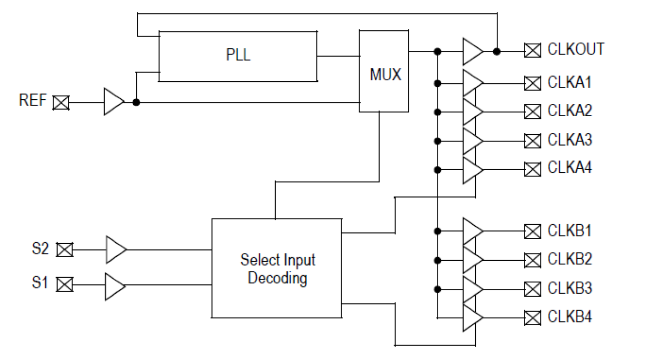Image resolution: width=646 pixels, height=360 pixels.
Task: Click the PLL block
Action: pyautogui.click(x=238, y=56)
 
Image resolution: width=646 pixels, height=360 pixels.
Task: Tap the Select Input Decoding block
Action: pyautogui.click(x=277, y=268)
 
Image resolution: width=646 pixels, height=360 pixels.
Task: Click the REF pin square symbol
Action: pyautogui.click(x=62, y=102)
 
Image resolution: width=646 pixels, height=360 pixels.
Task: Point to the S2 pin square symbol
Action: pyautogui.click(x=64, y=250)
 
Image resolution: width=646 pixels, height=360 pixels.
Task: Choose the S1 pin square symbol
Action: pyautogui.click(x=64, y=284)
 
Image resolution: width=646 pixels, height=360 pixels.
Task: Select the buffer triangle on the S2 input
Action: pyautogui.click(x=115, y=250)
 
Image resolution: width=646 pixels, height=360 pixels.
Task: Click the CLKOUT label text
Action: pyautogui.click(x=575, y=50)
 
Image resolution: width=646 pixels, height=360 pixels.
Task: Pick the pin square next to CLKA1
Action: pyautogui.click(x=532, y=83)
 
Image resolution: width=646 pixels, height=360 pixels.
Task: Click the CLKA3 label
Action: pyautogui.click(x=569, y=140)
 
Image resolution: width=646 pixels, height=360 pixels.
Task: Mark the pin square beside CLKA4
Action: pyautogui.click(x=532, y=169)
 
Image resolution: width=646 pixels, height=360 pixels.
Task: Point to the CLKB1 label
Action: pyautogui.click(x=569, y=231)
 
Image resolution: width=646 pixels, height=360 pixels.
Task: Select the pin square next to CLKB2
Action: pyautogui.click(x=532, y=260)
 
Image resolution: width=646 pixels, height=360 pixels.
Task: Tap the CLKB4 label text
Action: pyautogui.click(x=569, y=317)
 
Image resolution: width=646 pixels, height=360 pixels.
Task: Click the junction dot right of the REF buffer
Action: pyautogui.click(x=136, y=102)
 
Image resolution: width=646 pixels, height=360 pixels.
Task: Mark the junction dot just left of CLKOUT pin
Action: pyautogui.click(x=496, y=51)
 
